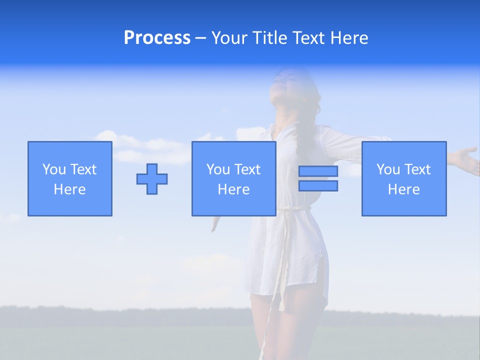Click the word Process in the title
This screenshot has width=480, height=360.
(x=157, y=38)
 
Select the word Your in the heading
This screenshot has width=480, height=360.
(x=230, y=38)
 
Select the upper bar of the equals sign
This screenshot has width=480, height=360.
(x=318, y=171)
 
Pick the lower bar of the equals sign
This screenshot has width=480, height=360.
(x=318, y=185)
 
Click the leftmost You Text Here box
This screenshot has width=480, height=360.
(x=70, y=178)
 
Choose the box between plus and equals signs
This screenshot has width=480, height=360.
(x=234, y=178)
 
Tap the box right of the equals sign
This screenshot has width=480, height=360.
(x=404, y=178)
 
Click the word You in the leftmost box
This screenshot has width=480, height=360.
(x=53, y=169)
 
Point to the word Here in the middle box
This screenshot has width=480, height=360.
(x=234, y=189)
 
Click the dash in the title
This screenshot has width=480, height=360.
(x=201, y=38)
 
